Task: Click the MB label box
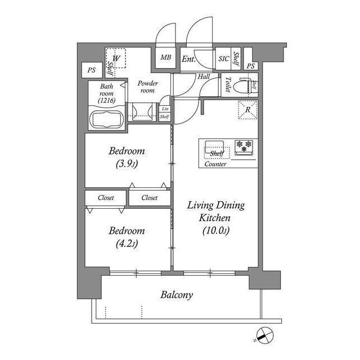[x=165, y=58]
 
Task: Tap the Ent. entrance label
[x=188, y=58]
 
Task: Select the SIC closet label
[x=223, y=58]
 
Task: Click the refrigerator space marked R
[x=248, y=109]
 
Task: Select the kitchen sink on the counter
[x=215, y=145]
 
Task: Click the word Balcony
[x=177, y=295]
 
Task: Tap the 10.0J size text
[x=216, y=230]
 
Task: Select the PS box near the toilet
[x=251, y=66]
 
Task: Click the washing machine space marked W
[x=117, y=58]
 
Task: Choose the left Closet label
[x=106, y=198]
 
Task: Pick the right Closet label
[x=149, y=198]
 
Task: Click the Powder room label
[x=147, y=87]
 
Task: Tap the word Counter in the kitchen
[x=216, y=165]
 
